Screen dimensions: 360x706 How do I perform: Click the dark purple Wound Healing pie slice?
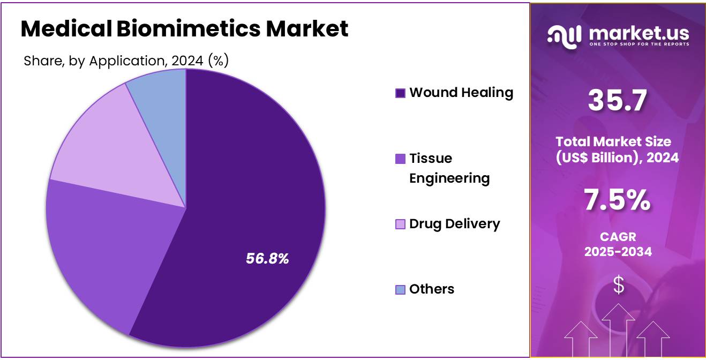point(252,204)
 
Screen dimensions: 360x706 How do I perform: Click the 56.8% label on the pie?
point(267,259)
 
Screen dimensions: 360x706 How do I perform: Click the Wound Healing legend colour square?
point(400,93)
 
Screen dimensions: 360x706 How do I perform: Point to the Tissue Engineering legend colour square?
point(400,159)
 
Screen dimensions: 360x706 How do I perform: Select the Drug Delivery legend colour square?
point(400,224)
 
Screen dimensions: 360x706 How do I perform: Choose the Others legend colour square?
point(400,290)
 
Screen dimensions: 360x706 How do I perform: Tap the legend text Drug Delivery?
point(454,224)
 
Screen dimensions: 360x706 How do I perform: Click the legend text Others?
point(432,289)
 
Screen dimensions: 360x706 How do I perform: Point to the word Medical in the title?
point(65,29)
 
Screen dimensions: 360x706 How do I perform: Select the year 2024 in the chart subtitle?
point(187,61)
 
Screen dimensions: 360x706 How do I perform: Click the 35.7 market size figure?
point(617,101)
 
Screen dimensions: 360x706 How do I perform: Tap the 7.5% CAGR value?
point(617,200)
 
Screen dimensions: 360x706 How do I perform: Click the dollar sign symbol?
point(618,285)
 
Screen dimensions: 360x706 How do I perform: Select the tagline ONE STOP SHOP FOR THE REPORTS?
point(639,44)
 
